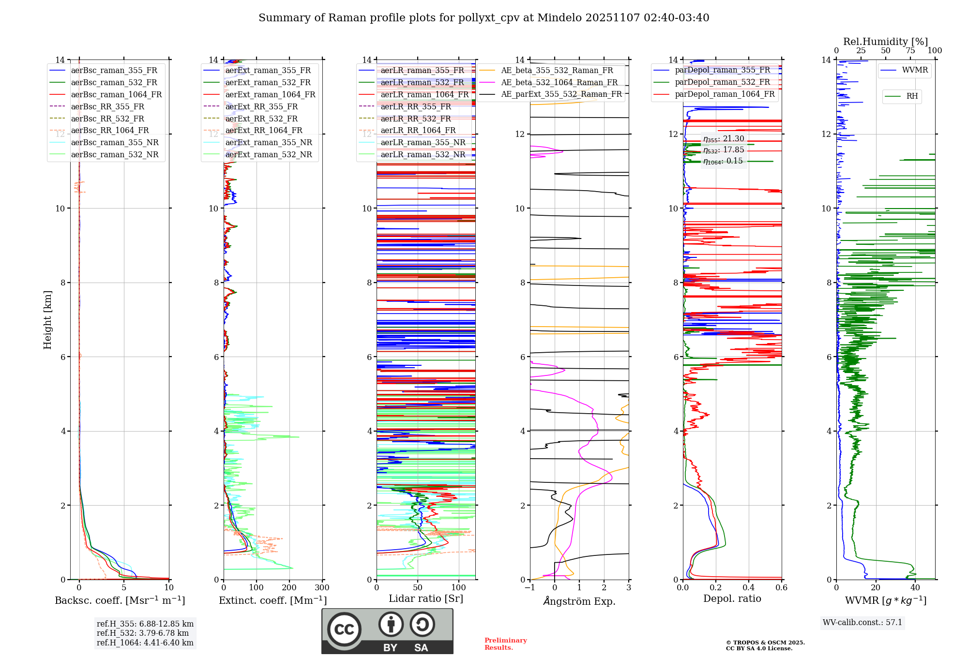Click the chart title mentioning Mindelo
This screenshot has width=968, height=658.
point(484,18)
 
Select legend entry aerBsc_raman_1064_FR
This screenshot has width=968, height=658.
point(116,94)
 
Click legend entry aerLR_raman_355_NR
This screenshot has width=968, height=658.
point(423,142)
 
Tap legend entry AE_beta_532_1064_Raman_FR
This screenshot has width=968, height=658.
point(559,82)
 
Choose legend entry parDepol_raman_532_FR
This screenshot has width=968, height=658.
point(722,82)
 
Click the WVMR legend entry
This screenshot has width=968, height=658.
point(915,70)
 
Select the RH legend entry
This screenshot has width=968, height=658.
point(912,96)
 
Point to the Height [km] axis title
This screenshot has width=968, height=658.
point(47,319)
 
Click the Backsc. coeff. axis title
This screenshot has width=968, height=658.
point(120,600)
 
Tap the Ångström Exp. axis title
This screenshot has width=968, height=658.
point(579,601)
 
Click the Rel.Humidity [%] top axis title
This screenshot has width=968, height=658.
point(885,42)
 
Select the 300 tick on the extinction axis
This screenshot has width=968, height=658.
point(322,588)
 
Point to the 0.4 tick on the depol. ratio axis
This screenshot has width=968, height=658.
point(749,588)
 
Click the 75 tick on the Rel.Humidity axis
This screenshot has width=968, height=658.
point(910,51)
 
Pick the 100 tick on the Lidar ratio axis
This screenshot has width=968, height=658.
point(458,588)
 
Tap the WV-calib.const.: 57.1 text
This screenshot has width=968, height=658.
point(862,622)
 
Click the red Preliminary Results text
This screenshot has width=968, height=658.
point(505,644)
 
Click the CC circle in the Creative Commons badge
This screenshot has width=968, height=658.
point(344,629)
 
